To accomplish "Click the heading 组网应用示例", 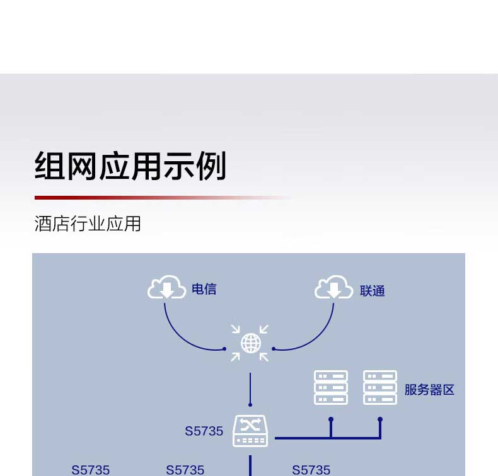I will [130, 166].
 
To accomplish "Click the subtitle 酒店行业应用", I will [88, 224].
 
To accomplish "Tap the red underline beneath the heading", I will [126, 198].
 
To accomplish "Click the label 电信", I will [204, 290].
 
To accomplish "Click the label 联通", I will [372, 291].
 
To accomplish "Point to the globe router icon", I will [250, 343].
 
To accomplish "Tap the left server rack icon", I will [331, 387].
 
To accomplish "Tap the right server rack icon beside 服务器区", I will [380, 387].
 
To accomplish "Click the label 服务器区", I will [429, 390].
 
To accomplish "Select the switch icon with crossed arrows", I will [250, 431].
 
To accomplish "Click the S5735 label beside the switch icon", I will [204, 431].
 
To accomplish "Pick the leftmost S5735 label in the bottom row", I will [90, 470].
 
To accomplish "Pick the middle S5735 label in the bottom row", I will [185, 470].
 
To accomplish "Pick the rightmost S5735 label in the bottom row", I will [311, 470].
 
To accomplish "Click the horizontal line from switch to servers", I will [303, 438].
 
